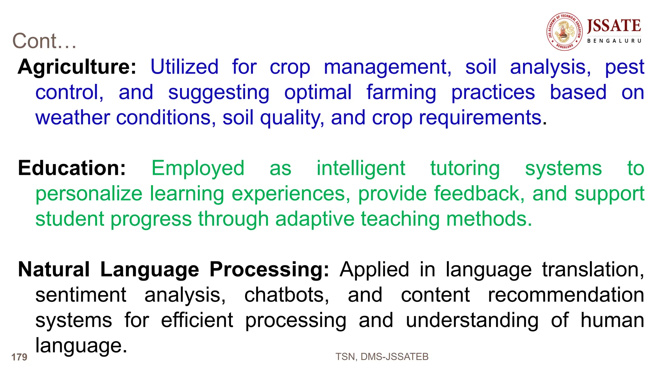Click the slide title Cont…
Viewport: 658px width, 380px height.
[x=44, y=41]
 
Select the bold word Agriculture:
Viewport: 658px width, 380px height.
[x=77, y=67]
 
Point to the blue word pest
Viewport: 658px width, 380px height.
[x=624, y=68]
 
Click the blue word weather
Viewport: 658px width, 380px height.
[x=73, y=118]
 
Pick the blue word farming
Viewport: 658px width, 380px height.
[x=401, y=93]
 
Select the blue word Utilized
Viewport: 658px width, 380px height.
[x=184, y=67]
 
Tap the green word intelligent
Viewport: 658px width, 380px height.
[x=361, y=168]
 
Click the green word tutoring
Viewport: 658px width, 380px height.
[x=465, y=168]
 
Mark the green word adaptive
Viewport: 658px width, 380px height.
[x=315, y=219]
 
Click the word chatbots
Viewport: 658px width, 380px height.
[x=286, y=295]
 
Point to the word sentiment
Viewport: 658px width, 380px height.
[x=81, y=295]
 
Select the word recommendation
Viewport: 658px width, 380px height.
[x=566, y=295]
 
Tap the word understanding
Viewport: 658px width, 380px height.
[x=472, y=321]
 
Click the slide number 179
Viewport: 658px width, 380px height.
[x=19, y=357]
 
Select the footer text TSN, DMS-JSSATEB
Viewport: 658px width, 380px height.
[x=382, y=357]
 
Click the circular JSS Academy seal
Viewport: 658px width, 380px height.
[x=565, y=32]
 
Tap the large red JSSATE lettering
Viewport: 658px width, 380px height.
[x=614, y=26]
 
